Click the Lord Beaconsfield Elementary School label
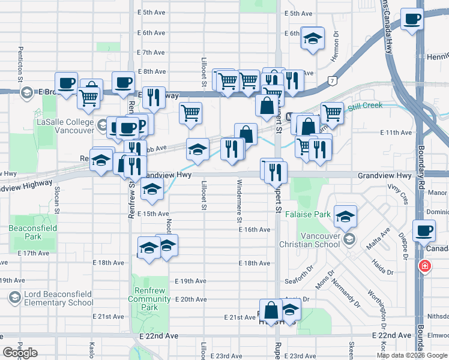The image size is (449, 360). click(58, 298)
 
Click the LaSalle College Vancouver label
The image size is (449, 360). click(65, 125)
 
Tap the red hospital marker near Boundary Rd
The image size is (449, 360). click(425, 265)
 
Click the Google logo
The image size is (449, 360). click(20, 353)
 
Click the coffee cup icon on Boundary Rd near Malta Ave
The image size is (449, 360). click(425, 230)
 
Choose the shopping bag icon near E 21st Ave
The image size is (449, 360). click(271, 310)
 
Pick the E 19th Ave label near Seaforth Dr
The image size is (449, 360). click(191, 281)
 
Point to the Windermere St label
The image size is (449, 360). click(239, 195)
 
